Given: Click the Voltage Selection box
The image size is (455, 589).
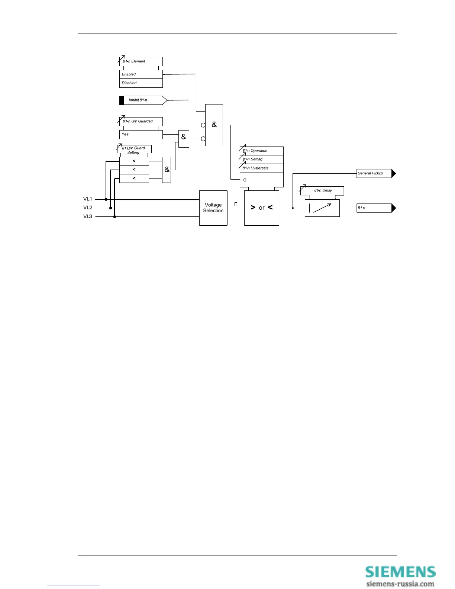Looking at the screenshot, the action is (x=213, y=208).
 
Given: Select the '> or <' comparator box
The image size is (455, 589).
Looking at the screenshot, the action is (x=261, y=208).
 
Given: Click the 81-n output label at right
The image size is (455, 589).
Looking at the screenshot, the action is (x=374, y=208).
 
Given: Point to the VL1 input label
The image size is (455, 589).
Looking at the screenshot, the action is (x=88, y=199).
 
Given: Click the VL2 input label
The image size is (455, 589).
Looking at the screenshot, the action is (x=88, y=207).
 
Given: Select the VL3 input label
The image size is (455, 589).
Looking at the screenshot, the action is (x=88, y=216).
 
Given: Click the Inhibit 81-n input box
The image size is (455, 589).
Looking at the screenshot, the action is (x=143, y=100).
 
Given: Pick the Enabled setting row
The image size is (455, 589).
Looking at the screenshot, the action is (x=141, y=74).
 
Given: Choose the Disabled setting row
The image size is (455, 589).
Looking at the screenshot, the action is (x=141, y=83).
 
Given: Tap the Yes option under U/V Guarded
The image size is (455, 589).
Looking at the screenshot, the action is (x=141, y=134).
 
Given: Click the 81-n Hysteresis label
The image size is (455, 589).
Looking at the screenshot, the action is (x=255, y=168).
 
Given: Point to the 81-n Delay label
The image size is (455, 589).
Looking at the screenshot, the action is (x=323, y=190).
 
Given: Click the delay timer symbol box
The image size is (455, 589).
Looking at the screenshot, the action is (x=322, y=208).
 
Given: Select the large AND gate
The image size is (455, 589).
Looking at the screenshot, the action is (x=214, y=125).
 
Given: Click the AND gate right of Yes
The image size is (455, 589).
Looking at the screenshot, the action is (x=184, y=138).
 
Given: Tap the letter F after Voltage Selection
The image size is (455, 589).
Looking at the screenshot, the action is (x=236, y=204).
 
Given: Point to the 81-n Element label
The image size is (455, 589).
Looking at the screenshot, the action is (x=134, y=61).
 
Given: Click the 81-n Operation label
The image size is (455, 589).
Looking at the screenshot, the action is (x=255, y=151).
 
